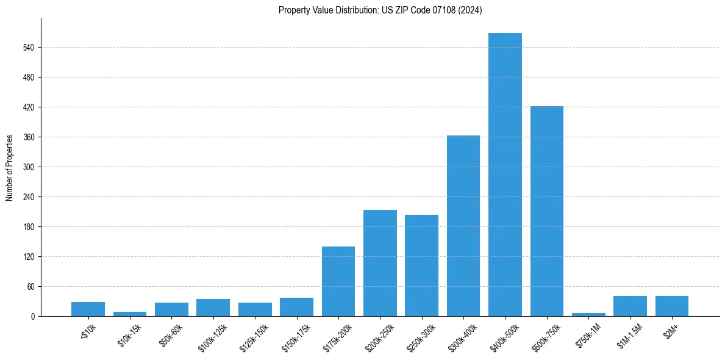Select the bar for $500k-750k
pos(546,211)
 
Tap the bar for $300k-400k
pos(463,226)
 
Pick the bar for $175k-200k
pos(338,281)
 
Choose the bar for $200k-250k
pos(380,263)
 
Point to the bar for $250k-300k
pos(421,265)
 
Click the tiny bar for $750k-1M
pos(588,314)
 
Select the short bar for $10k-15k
pos(130,314)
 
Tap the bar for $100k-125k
pos(213,308)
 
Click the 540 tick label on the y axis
pos(29,48)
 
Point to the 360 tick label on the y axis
pos(29,137)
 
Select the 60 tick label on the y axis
pos(31,287)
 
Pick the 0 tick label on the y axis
pos(33,317)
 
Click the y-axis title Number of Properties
pos(9,168)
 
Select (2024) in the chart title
pos(470,10)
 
